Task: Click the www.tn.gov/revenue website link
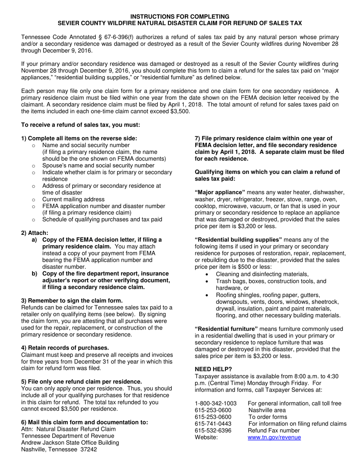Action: [x=274, y=438]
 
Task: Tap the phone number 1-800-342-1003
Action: [x=215, y=403]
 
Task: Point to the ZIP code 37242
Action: [x=89, y=450]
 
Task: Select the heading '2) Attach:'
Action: [x=35, y=233]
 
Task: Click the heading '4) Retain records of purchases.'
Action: [x=65, y=348]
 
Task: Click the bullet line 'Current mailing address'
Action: [x=74, y=199]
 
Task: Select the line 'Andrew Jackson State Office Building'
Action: [x=70, y=443]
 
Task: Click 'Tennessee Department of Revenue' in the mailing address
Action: [x=64, y=436]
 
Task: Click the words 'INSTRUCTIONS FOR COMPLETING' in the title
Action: [x=180, y=17]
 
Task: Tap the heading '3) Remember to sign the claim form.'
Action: [x=72, y=301]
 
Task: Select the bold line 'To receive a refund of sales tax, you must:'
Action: [x=81, y=125]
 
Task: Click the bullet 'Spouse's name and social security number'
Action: [x=98, y=166]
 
